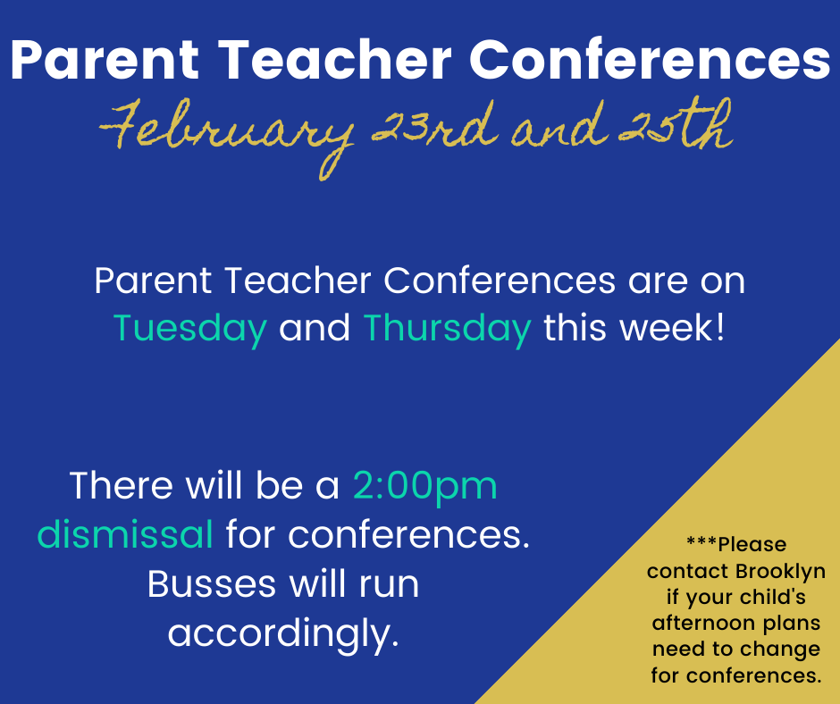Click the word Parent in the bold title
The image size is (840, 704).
tap(105, 60)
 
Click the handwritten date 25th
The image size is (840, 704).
tap(676, 124)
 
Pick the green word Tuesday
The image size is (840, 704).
tap(190, 328)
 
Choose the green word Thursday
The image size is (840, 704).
tap(448, 328)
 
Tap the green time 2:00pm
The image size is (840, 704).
tap(425, 487)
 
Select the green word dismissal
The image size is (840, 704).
tap(125, 534)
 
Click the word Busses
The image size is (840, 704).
tap(211, 584)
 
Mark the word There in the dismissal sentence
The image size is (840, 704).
tap(121, 485)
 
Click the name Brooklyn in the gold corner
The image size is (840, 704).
tap(780, 572)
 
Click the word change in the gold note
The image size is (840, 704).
tap(786, 650)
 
